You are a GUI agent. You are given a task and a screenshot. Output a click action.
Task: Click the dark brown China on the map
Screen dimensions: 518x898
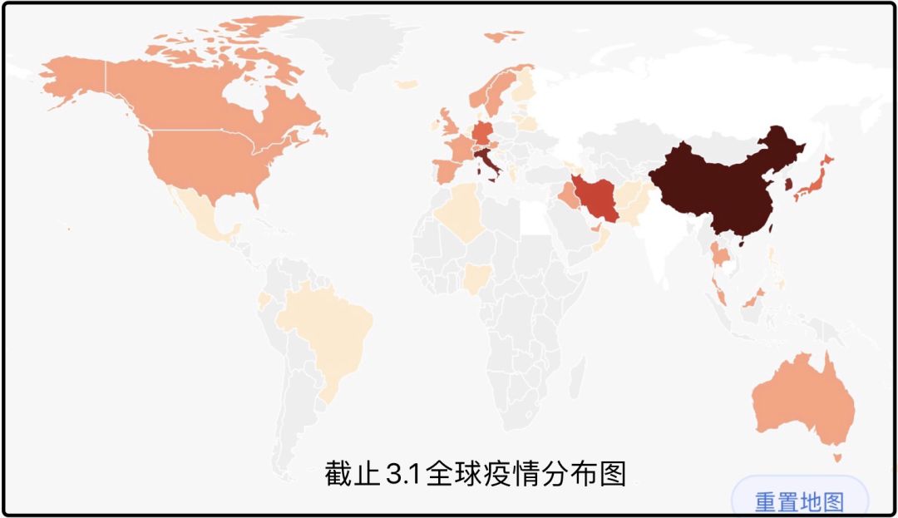coord(715,183)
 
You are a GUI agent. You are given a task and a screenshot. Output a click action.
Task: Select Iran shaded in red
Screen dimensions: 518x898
coord(598,200)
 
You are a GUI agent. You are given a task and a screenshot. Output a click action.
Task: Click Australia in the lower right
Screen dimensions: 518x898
coord(802,399)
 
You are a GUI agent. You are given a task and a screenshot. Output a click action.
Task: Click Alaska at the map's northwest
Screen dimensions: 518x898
coord(71,83)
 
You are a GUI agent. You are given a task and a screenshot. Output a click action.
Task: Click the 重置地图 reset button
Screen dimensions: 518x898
coord(799,502)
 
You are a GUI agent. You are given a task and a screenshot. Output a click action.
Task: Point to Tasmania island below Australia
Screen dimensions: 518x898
coord(837,456)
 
